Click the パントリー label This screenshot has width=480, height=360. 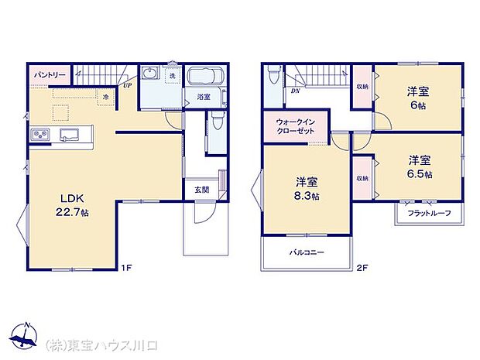pos(48,75)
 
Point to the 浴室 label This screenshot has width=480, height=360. pos(204,98)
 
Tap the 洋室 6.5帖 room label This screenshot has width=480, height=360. pos(420,166)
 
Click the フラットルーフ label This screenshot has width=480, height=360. pos(424,212)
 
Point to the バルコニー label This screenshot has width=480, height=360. pos(307,252)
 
